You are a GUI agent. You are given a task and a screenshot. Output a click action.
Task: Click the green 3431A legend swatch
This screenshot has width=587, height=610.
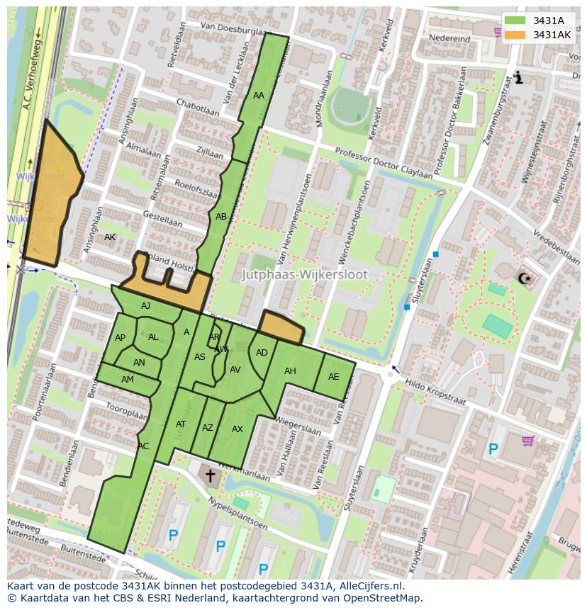(515, 21)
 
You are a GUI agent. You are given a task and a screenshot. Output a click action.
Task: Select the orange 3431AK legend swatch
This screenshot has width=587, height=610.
(515, 35)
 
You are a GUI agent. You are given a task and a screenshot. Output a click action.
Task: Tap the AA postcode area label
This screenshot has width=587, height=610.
(259, 96)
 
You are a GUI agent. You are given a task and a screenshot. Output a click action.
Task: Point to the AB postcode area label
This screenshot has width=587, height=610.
(221, 217)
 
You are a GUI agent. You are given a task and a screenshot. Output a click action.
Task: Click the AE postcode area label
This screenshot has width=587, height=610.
(334, 377)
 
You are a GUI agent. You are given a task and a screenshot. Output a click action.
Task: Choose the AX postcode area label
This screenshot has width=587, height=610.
(237, 429)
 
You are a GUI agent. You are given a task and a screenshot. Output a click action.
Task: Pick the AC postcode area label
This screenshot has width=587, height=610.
(144, 446)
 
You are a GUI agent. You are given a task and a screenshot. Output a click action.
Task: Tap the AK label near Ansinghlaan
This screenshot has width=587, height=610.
(109, 237)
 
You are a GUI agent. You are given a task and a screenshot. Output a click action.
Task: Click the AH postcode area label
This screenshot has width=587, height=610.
(290, 371)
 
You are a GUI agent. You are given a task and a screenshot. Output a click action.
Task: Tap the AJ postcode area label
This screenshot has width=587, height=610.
(146, 306)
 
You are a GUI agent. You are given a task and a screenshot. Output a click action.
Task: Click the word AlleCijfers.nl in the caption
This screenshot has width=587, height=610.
(368, 586)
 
